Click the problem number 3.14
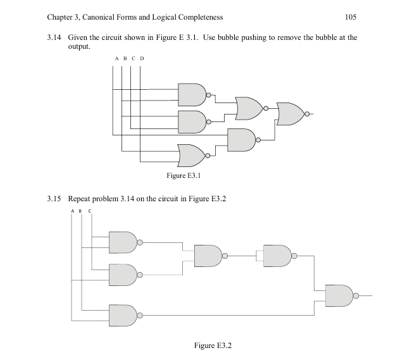tap(55, 38)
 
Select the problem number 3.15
tap(55, 199)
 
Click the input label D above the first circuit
tap(141, 59)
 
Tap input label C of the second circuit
tap(90, 211)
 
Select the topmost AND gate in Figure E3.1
tap(192, 94)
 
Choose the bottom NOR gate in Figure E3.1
tap(190, 154)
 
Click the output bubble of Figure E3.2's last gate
tap(356, 295)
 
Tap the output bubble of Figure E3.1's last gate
tap(308, 114)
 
